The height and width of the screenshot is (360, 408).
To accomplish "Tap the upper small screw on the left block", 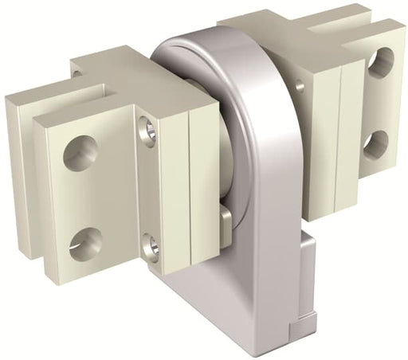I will (x=148, y=131).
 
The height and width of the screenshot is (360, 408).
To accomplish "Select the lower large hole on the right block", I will (x=375, y=144).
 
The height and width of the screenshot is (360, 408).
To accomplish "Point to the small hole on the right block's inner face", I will (x=299, y=84).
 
